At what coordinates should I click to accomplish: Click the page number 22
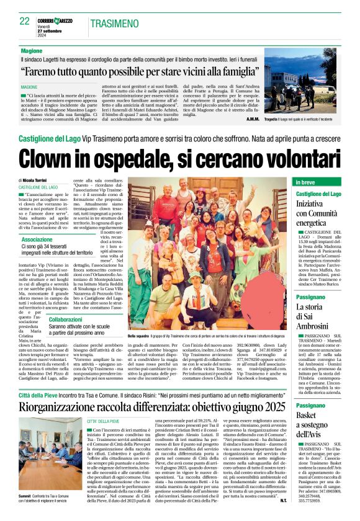click(24, 21)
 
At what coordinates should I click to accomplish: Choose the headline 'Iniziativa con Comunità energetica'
click(318, 213)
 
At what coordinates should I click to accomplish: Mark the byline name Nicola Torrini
click(40, 180)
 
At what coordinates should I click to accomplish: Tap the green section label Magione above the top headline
click(32, 50)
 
